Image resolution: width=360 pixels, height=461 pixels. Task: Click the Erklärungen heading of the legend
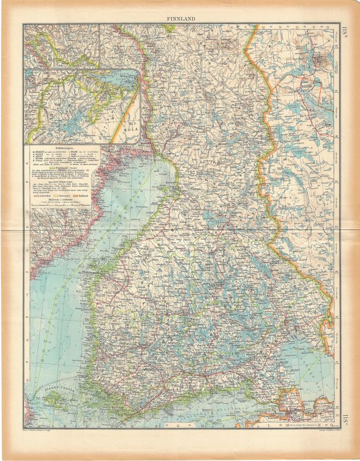click(65, 148)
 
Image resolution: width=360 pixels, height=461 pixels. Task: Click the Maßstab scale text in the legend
click(65, 199)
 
